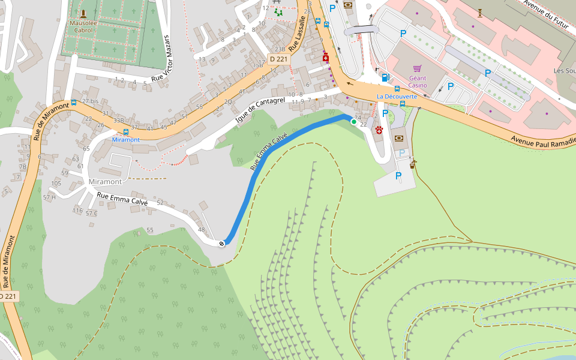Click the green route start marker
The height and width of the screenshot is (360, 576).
[x=354, y=122]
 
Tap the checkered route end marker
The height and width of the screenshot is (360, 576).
[x=222, y=243]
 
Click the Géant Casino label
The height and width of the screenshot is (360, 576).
[x=418, y=81]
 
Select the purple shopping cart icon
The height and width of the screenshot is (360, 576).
[x=418, y=68]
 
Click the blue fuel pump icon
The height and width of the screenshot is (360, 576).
[x=385, y=77]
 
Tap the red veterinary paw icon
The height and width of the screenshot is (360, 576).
[x=379, y=130]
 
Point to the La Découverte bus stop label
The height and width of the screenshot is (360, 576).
[x=397, y=97]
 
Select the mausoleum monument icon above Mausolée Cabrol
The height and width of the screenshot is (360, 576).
[x=83, y=13]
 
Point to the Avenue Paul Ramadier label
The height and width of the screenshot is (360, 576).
[x=543, y=139]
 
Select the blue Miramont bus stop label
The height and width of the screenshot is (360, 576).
[x=125, y=139]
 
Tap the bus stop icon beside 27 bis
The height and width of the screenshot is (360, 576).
[x=73, y=103]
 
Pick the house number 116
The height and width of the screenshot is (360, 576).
[x=77, y=210]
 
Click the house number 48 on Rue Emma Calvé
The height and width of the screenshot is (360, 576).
[x=201, y=230]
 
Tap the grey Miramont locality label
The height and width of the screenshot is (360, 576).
[x=105, y=181]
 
